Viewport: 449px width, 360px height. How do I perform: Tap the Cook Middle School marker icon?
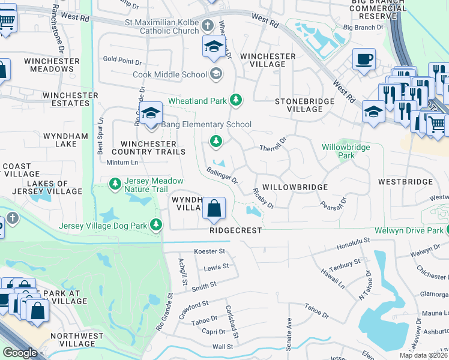click(215, 74)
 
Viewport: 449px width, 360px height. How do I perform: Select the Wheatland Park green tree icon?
click(237, 100)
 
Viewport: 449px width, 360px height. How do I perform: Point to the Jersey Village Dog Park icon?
click(156, 225)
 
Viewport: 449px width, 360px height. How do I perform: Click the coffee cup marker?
click(364, 59)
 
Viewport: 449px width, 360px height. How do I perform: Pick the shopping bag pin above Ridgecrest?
click(214, 209)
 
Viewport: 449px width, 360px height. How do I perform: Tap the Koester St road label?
click(209, 251)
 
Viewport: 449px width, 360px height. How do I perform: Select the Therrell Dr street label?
click(273, 145)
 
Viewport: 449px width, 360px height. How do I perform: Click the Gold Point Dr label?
click(122, 61)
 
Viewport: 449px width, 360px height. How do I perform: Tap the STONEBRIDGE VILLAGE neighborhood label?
click(304, 106)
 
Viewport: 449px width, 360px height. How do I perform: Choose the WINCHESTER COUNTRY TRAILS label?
click(153, 148)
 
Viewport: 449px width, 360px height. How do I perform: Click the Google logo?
click(20, 353)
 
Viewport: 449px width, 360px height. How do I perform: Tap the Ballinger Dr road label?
click(222, 175)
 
